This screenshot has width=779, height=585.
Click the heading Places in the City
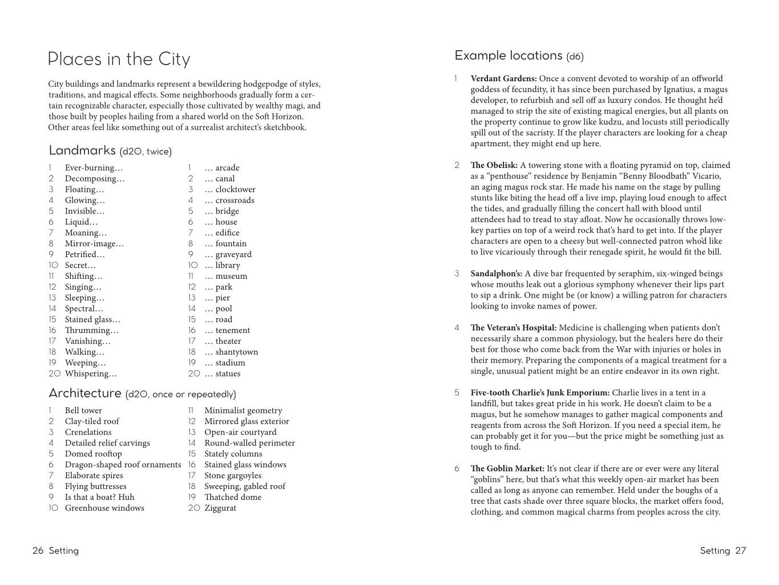[x=119, y=59]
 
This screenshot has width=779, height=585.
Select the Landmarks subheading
[x=82, y=150]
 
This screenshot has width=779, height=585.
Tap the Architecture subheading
[x=85, y=393]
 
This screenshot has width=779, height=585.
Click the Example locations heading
[x=508, y=55]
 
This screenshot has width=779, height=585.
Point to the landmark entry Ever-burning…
[x=94, y=168]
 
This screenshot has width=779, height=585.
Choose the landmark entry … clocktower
[x=229, y=190]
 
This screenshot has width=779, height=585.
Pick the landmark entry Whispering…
[x=91, y=374]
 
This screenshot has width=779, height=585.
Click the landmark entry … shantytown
[x=231, y=352]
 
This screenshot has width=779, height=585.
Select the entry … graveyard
[x=228, y=255]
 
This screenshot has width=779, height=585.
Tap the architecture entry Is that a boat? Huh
[x=100, y=497]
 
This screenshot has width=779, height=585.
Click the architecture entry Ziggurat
[x=220, y=508]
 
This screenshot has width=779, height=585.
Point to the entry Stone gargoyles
[x=233, y=475]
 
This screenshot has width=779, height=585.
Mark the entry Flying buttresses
[x=96, y=486]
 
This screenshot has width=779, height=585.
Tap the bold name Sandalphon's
[x=496, y=274]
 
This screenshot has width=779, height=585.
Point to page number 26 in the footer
[x=38, y=551]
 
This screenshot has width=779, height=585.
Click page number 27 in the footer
[x=740, y=551]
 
